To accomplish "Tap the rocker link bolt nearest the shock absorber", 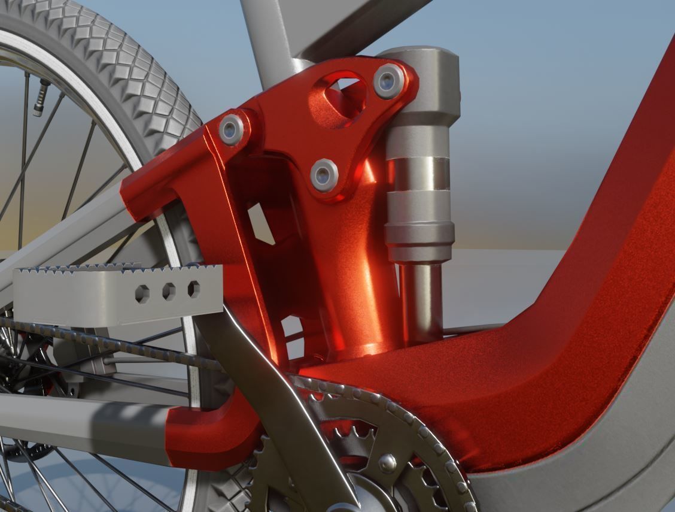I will tap(388, 81).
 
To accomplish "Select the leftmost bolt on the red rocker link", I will tap(231, 129).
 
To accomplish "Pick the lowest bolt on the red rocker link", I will tap(324, 175).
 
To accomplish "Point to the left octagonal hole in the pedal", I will tap(142, 293).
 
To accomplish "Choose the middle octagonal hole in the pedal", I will tap(169, 292).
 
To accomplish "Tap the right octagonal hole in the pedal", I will tap(194, 289).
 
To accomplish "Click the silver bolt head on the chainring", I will tap(387, 462).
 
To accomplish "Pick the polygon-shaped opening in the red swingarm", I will tap(261, 223).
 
